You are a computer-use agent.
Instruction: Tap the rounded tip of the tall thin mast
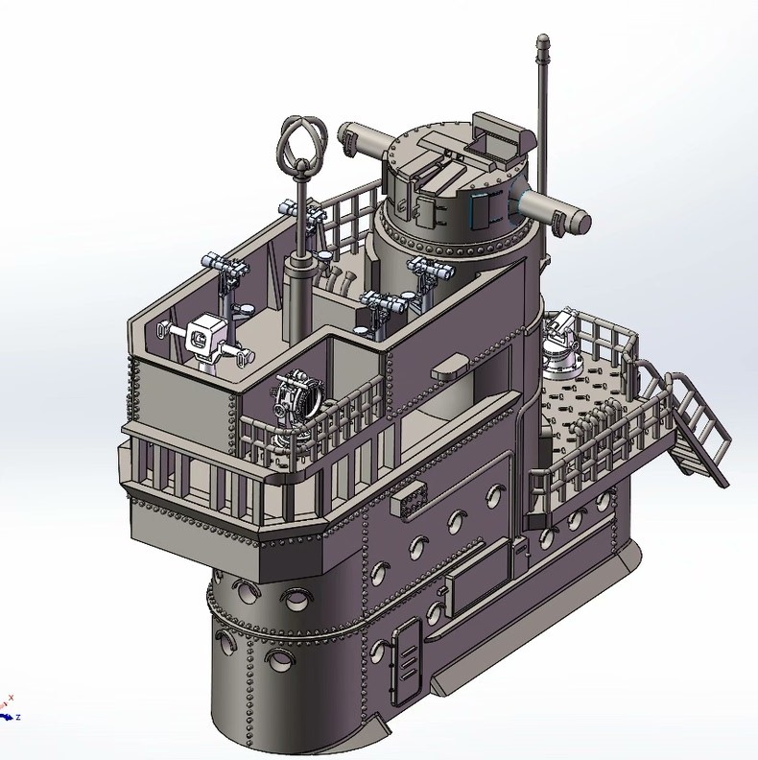pyautogui.click(x=543, y=37)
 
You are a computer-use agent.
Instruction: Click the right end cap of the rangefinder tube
pyautogui.click(x=580, y=221)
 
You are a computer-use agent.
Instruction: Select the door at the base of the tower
pyautogui.click(x=406, y=661)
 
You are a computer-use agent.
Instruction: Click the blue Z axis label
pyautogui.click(x=18, y=717)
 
